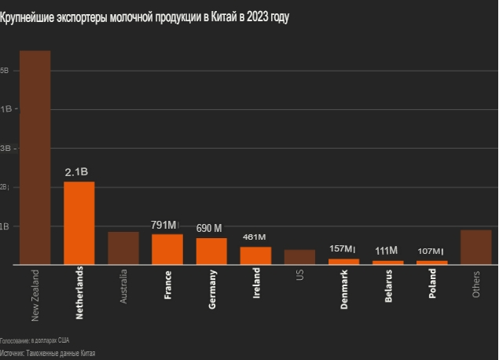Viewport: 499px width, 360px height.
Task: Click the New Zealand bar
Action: (35, 157)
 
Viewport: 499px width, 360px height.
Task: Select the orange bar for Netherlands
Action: (79, 223)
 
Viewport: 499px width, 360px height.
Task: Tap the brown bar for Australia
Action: (123, 248)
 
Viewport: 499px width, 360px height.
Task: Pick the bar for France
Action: (167, 249)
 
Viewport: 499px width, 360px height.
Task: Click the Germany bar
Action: (211, 252)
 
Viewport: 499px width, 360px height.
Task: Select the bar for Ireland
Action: (255, 256)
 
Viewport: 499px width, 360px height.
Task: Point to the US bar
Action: (299, 257)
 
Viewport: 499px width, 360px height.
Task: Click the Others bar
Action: (475, 248)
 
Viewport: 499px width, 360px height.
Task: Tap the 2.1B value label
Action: (76, 171)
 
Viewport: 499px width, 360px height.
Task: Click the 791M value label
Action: (164, 225)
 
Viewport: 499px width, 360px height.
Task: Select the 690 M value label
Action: (209, 228)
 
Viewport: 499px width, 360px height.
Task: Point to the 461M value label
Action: (255, 237)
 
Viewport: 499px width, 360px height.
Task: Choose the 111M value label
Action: (387, 251)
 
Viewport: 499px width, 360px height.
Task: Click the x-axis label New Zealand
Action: (35, 296)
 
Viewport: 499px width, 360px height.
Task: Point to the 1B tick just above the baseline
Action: (5, 226)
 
